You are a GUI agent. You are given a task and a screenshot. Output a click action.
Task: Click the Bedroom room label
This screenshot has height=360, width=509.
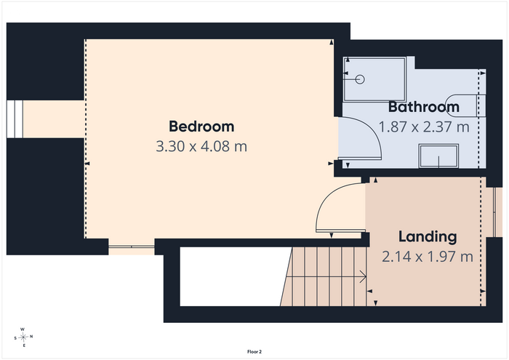click(201, 127)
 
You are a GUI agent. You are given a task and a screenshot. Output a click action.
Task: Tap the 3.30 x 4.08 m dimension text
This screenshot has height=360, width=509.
click(201, 146)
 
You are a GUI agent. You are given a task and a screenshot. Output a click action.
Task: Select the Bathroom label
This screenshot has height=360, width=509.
click(424, 107)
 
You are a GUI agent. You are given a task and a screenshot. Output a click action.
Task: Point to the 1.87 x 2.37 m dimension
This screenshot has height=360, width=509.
click(424, 127)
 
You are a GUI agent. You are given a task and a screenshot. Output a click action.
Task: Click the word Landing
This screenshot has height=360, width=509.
click(428, 236)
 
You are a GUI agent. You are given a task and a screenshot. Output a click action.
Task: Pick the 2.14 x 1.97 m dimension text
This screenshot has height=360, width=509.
click(428, 257)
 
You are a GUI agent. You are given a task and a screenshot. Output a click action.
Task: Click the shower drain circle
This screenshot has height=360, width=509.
click(360, 79)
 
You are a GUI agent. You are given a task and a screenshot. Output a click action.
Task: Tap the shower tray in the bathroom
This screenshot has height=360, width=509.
click(374, 79)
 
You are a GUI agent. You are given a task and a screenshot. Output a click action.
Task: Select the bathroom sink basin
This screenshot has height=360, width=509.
click(438, 156)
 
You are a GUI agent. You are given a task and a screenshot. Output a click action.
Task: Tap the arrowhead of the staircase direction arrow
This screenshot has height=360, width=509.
click(364, 277)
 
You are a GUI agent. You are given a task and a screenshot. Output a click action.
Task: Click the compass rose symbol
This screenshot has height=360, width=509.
click(23, 337)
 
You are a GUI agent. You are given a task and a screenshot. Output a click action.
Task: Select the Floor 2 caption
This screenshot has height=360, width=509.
click(254, 351)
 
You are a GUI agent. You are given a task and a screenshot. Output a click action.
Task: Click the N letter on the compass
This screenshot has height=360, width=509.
click(31, 337)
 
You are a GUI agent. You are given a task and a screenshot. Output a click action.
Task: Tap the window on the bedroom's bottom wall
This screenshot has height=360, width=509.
click(132, 247)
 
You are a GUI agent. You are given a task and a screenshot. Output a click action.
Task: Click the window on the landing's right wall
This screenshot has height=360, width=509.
click(494, 212)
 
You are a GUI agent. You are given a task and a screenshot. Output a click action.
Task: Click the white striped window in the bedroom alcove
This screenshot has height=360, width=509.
click(15, 119)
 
